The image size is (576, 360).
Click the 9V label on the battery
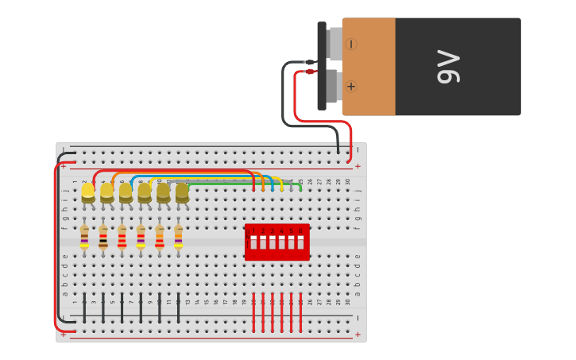[448, 67]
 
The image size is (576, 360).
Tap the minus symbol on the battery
[351, 45]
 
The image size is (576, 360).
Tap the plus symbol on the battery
[351, 86]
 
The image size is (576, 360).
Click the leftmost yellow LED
[87, 192]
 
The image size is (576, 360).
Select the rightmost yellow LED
[182, 192]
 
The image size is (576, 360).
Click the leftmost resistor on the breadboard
[84, 237]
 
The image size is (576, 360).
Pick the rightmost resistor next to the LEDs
[178, 237]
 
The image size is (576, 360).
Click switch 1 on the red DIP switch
[253, 242]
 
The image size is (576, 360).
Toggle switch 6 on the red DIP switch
[300, 242]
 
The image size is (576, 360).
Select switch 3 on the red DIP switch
[273, 242]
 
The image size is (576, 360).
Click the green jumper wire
[238, 184]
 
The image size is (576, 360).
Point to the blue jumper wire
[199, 176]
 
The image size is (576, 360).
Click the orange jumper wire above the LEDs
[183, 172]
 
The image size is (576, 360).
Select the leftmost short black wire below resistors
[84, 308]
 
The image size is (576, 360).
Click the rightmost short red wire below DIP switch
[300, 312]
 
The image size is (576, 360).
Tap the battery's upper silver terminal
[334, 45]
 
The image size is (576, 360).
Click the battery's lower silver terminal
[332, 86]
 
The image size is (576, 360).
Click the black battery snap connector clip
[322, 65]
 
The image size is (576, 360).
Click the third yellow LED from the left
[126, 192]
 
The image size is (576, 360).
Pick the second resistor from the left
[103, 237]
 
